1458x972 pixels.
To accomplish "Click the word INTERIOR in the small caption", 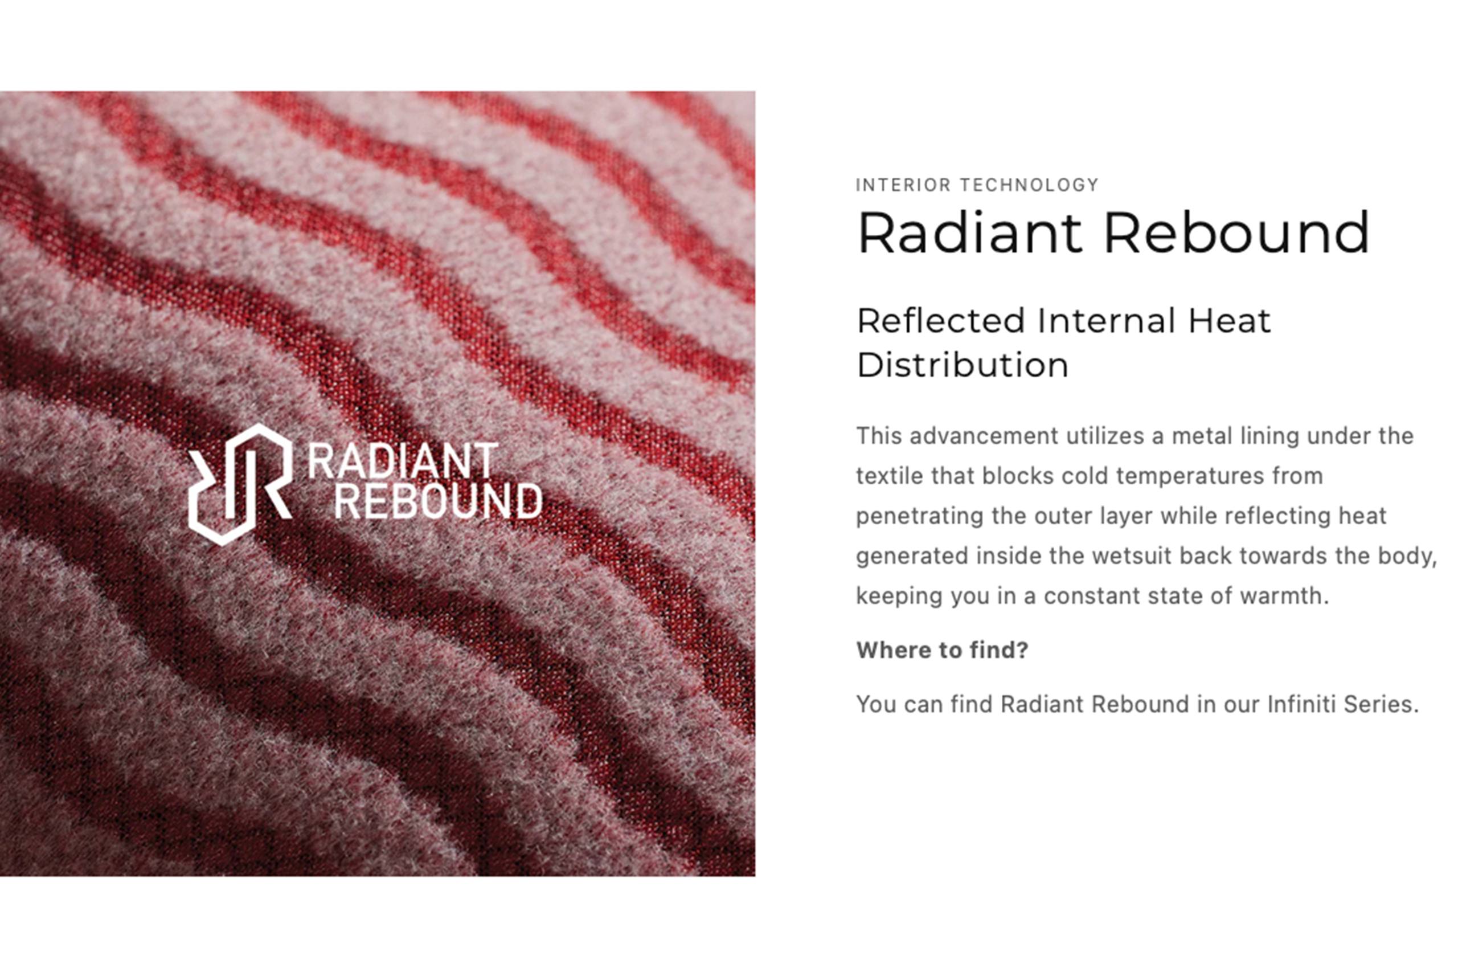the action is click(x=903, y=185).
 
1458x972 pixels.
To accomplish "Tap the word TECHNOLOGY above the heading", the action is click(x=1029, y=185).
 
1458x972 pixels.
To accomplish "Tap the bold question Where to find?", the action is click(x=942, y=650).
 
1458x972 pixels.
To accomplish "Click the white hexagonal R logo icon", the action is click(x=240, y=484).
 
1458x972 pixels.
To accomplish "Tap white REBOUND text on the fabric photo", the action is click(x=438, y=501).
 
